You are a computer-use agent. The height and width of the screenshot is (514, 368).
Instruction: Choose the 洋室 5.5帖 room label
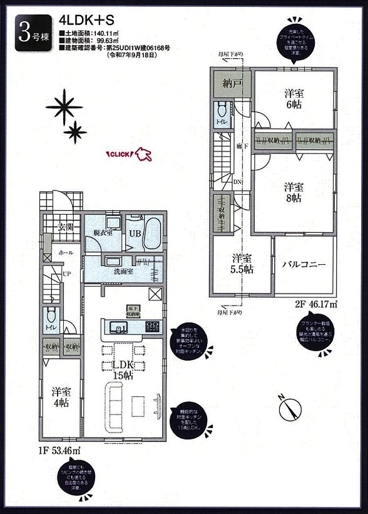click(x=241, y=264)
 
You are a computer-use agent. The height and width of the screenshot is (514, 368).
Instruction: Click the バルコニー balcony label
click(x=304, y=265)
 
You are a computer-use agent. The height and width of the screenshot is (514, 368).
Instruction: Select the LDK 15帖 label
click(x=123, y=369)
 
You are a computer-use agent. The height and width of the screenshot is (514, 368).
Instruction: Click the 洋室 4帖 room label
click(x=61, y=398)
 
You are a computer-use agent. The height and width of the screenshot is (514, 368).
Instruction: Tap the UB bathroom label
click(x=135, y=233)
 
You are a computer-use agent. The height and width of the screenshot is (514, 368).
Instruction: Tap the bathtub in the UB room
click(x=153, y=234)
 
